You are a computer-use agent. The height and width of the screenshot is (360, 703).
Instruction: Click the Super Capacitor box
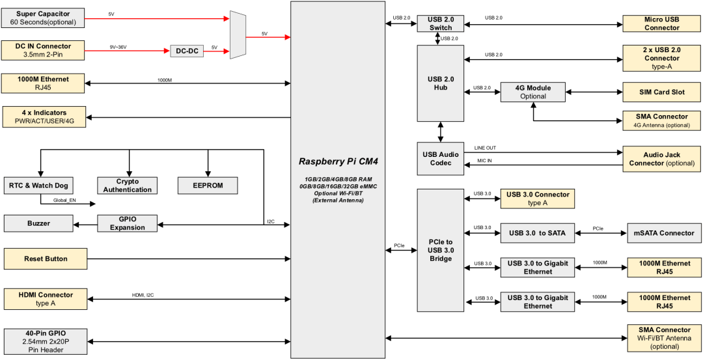(x=43, y=18)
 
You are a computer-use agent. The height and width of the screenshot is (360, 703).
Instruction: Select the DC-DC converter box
(x=187, y=51)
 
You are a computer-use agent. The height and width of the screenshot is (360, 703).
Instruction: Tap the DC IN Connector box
(x=43, y=51)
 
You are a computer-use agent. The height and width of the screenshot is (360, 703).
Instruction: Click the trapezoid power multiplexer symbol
(x=238, y=35)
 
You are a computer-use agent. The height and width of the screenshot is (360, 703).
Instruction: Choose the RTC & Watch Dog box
(x=39, y=186)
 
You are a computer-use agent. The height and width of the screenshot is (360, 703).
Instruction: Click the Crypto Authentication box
(x=128, y=186)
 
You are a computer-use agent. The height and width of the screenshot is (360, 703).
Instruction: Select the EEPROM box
(x=208, y=186)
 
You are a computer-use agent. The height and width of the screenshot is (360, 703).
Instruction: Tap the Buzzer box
(x=38, y=223)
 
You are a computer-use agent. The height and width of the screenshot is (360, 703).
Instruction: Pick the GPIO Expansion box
(x=128, y=223)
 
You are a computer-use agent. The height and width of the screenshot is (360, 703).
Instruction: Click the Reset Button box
(x=46, y=258)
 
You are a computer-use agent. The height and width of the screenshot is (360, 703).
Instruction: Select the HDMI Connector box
(x=46, y=299)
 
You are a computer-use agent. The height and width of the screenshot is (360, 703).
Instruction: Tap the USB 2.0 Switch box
(x=440, y=23)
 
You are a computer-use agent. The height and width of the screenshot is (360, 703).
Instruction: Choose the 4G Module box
(x=533, y=92)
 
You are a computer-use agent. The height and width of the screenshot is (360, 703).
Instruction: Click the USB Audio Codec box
(x=441, y=158)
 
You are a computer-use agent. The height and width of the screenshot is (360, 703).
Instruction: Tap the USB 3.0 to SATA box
(x=538, y=232)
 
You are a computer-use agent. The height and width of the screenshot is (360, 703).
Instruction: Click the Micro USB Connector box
(x=662, y=23)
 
